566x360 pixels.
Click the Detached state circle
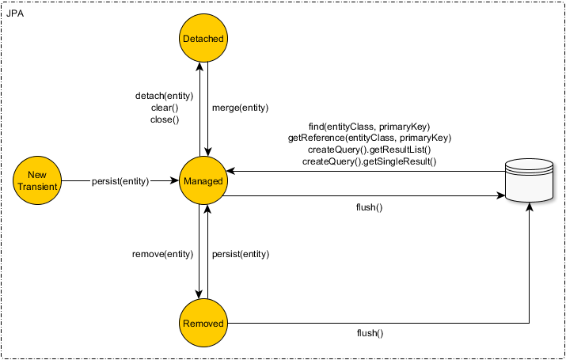point(203,39)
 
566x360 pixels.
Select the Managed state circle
point(203,181)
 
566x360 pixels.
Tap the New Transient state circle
point(36,181)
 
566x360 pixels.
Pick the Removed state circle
point(203,324)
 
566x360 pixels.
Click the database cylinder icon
point(528,181)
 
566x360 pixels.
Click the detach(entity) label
point(165,96)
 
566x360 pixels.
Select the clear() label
point(165,108)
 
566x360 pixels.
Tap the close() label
point(165,119)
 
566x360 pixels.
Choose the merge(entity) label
point(240,108)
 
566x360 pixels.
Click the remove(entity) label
point(162,254)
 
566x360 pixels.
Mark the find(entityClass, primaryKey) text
point(370,127)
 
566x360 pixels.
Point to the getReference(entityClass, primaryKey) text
point(370,138)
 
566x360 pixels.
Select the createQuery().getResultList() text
point(370,150)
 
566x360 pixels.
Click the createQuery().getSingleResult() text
point(370,161)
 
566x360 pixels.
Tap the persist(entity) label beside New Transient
point(120,181)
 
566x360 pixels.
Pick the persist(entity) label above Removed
point(241,254)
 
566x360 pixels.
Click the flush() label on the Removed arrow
point(370,333)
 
